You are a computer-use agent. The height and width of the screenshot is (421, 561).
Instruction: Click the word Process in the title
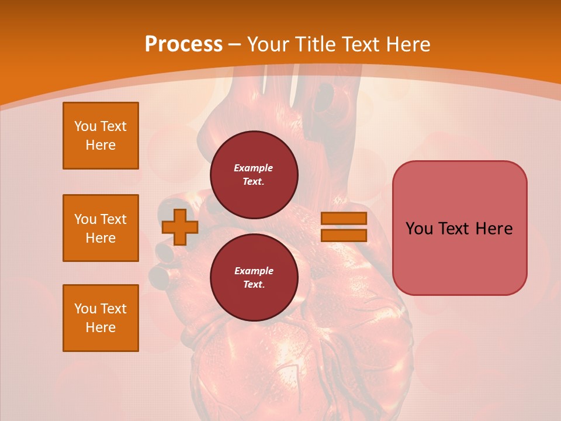(183, 44)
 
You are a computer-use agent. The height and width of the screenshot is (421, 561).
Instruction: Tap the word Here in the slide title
(407, 44)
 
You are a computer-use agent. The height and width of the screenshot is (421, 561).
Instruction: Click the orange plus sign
(180, 227)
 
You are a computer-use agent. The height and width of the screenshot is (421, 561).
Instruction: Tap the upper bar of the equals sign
(344, 219)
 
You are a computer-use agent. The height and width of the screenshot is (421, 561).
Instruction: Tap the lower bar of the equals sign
(344, 235)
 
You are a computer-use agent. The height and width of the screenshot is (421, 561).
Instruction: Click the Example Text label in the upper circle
(254, 174)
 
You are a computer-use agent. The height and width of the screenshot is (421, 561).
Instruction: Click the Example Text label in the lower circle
(254, 277)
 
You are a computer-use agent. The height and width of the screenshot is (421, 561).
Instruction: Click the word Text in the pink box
(453, 229)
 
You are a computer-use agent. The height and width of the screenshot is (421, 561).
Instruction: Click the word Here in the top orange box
(101, 145)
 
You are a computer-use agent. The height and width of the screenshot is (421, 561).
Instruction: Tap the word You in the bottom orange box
(85, 309)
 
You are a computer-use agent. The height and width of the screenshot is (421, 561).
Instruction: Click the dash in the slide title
(235, 44)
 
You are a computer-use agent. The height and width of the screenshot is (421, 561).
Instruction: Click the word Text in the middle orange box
(113, 219)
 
